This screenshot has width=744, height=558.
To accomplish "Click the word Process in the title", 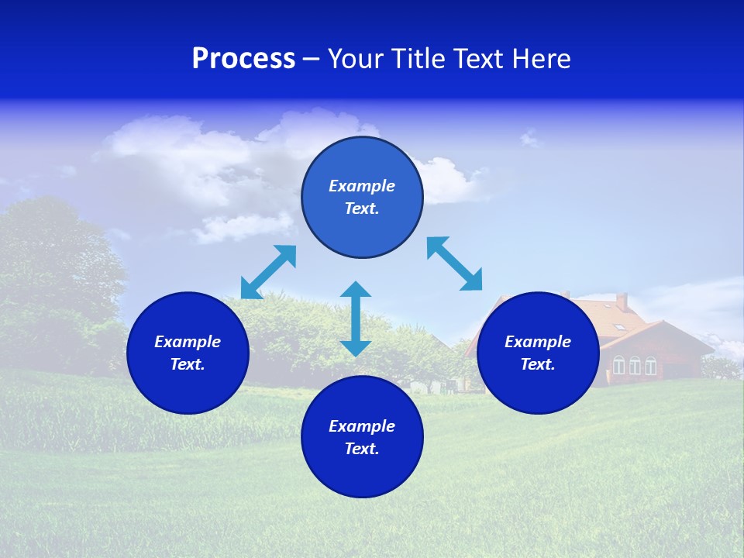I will coord(243,59).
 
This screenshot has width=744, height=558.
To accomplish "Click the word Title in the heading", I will coord(419,59).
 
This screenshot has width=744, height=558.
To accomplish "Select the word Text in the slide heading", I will coord(478,59).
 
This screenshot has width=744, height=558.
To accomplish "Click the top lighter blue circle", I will coord(362,198).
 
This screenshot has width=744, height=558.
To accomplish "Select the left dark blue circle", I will coord(188,353).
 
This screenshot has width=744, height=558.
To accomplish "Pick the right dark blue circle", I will coord(538,353).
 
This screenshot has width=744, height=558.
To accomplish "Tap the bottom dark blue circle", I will coord(362,437).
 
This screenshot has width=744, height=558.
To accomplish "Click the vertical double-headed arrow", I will coord(356,319).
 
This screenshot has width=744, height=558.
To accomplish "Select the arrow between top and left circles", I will coord(268,272).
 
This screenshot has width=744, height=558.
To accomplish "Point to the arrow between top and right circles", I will coord(454,263).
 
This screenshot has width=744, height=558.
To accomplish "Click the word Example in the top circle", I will coord(362,186).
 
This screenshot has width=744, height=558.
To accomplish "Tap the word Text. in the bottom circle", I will coord(362,449).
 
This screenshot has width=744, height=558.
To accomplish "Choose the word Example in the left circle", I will coord(188,342).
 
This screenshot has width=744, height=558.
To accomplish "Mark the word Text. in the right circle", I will coord(538,364).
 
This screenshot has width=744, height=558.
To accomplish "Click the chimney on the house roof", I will coord(622,301).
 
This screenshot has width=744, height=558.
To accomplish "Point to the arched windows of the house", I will coord(635,365).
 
